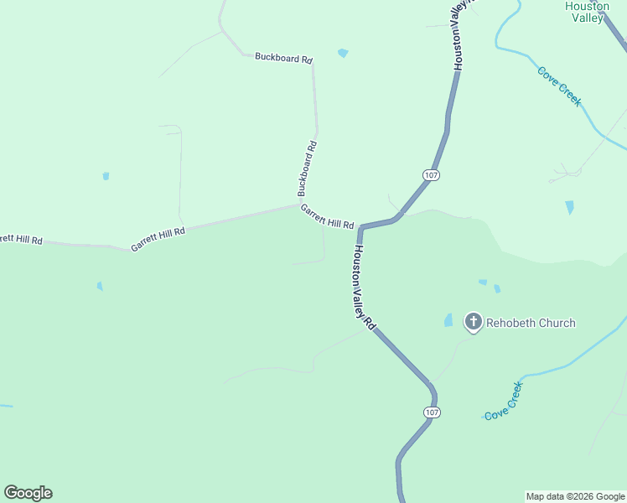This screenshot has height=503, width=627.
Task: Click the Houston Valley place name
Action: [587, 12]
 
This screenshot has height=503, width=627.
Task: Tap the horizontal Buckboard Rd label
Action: [283, 59]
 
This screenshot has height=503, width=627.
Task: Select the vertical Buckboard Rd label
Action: [308, 168]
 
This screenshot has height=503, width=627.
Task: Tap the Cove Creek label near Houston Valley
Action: [559, 86]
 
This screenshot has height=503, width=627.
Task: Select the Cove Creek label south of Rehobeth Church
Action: [504, 400]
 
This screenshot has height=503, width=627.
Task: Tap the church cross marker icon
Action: [474, 321]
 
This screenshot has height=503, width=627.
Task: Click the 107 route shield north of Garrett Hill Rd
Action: [431, 174]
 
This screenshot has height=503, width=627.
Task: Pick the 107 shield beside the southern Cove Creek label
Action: [431, 412]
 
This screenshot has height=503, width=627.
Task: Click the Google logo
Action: [28, 493]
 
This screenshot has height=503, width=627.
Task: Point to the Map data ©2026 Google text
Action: [575, 496]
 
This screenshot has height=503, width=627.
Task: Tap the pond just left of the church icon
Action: [448, 320]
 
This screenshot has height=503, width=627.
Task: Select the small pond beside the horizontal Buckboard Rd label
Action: [342, 53]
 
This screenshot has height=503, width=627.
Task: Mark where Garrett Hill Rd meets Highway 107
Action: [361, 227]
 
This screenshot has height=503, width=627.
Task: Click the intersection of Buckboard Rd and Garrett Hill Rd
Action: [299, 204]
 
